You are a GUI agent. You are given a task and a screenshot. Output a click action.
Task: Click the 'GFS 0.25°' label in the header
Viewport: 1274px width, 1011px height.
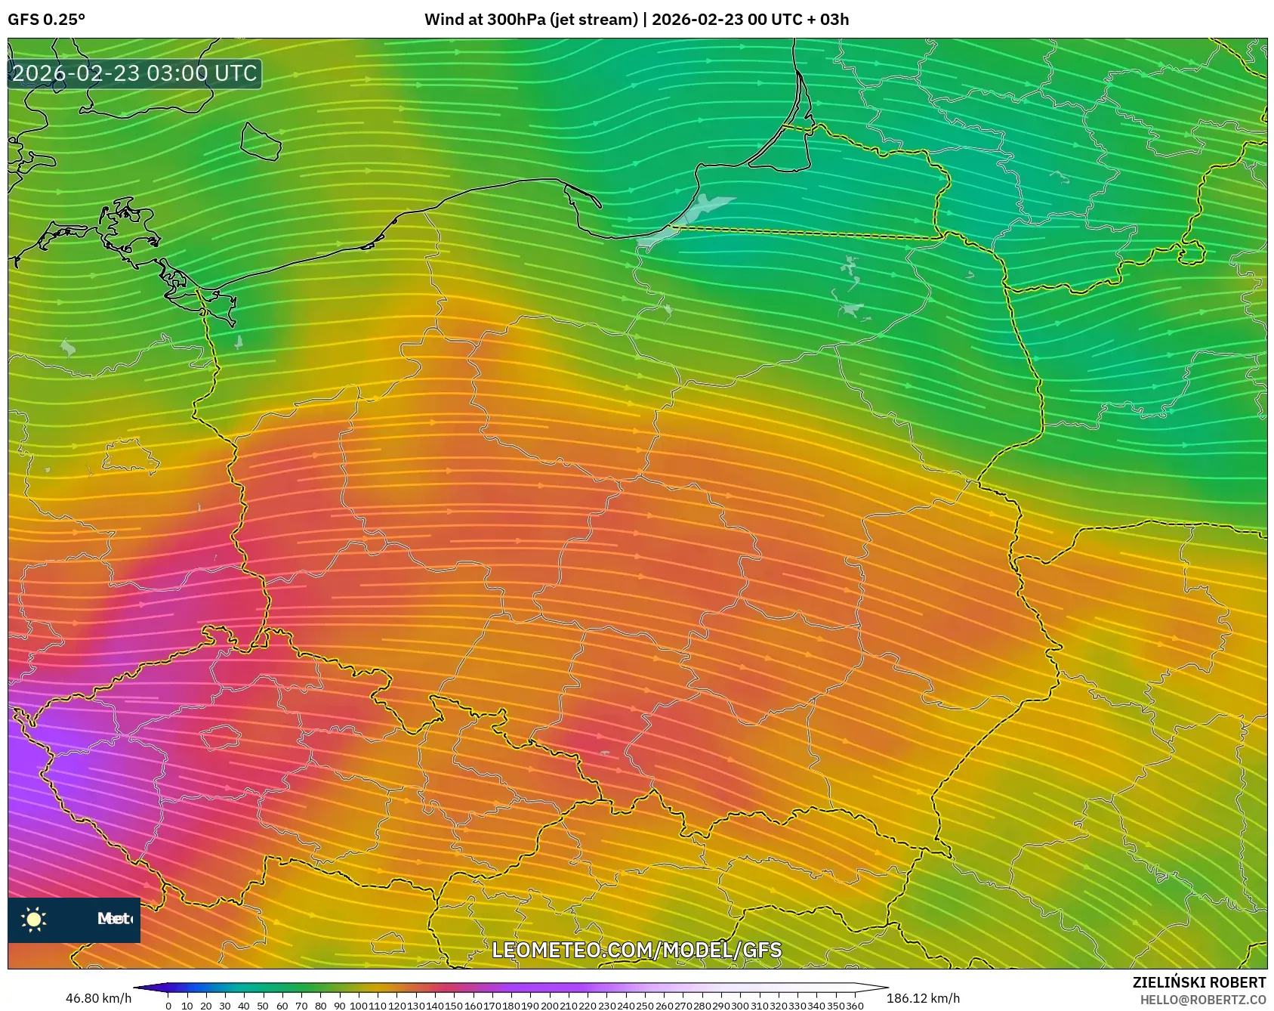[x=46, y=20]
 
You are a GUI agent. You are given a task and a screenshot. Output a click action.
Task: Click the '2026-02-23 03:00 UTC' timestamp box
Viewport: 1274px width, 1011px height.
[x=134, y=73]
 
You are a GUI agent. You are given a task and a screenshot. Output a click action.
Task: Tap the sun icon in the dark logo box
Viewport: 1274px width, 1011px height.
[x=34, y=919]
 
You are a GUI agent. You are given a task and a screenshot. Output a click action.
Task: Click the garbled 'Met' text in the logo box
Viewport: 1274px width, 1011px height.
[x=114, y=919]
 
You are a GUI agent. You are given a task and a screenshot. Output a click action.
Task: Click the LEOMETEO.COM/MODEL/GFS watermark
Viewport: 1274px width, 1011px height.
[x=637, y=950]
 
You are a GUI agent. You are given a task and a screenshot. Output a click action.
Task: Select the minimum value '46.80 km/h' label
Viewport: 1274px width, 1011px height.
[x=98, y=998]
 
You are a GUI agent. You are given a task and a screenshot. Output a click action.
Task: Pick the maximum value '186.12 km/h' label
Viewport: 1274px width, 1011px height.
[x=923, y=998]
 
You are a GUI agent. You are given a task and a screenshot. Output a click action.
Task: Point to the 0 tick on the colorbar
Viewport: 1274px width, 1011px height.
[x=168, y=1006]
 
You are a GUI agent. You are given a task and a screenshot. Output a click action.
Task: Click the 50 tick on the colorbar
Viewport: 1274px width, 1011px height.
[x=263, y=1006]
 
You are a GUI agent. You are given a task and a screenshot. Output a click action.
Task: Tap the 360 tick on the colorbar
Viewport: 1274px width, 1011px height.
[x=855, y=1006]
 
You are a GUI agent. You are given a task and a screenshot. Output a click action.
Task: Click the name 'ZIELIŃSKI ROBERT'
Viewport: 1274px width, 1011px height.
[x=1198, y=982]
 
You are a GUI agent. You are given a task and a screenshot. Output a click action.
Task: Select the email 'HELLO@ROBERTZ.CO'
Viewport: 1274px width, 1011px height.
[x=1202, y=1000]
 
